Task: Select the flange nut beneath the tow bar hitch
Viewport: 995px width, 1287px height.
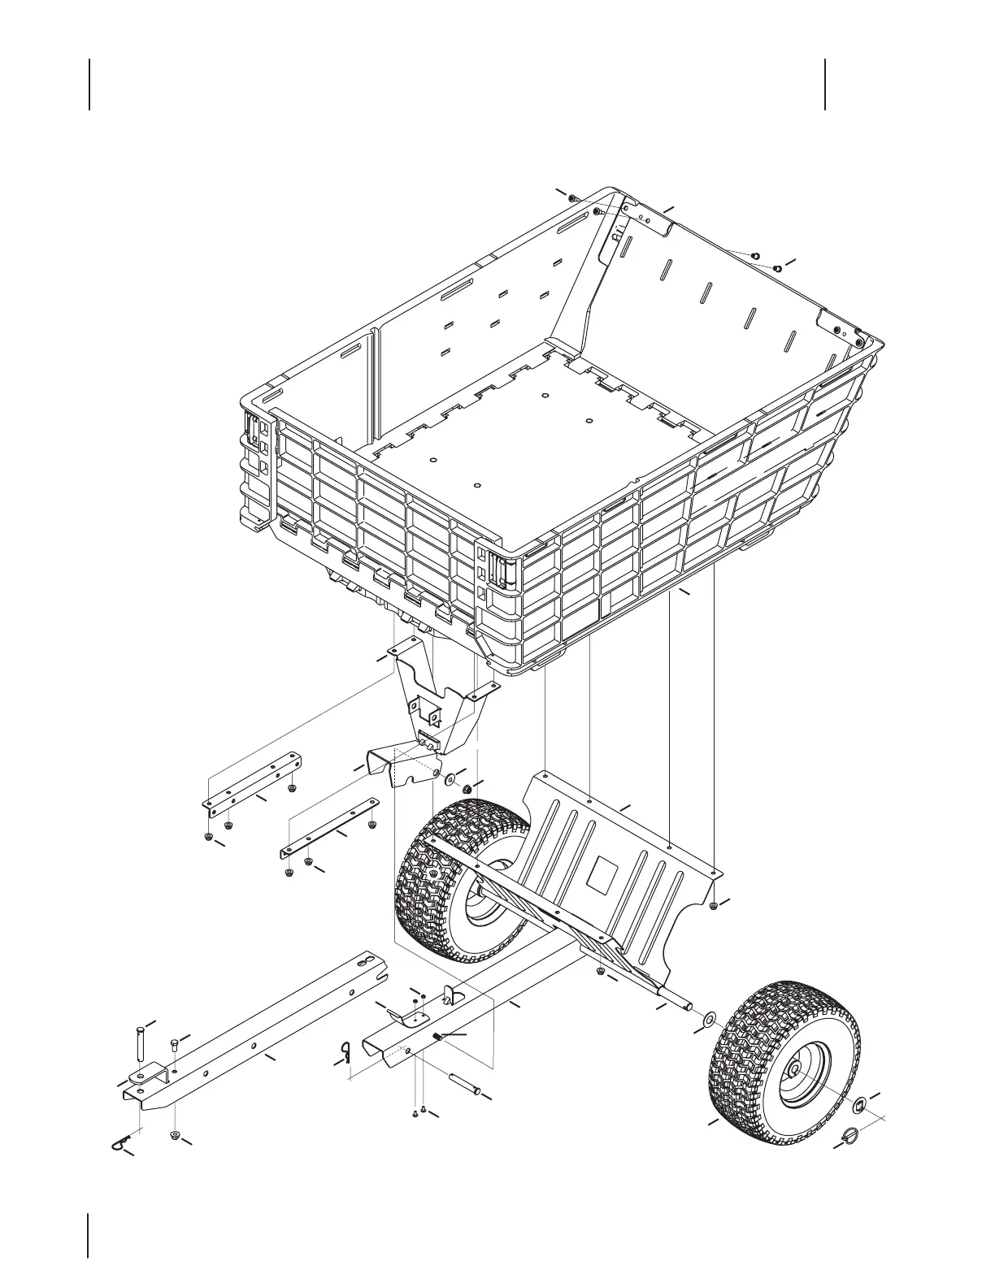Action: point(174,1134)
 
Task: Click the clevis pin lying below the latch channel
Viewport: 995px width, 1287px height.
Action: point(467,1085)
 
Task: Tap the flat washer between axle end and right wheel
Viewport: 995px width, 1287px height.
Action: point(707,1017)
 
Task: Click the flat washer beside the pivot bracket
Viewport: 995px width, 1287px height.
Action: point(449,780)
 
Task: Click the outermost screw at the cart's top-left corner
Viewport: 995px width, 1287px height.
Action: point(572,197)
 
